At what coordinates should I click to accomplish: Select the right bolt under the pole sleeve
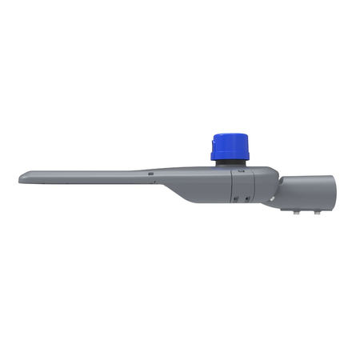coord(318,213)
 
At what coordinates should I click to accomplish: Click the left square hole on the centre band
coord(236,198)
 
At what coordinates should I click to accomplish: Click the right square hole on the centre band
coord(247,198)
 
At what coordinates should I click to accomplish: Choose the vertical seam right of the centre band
coord(254,188)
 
